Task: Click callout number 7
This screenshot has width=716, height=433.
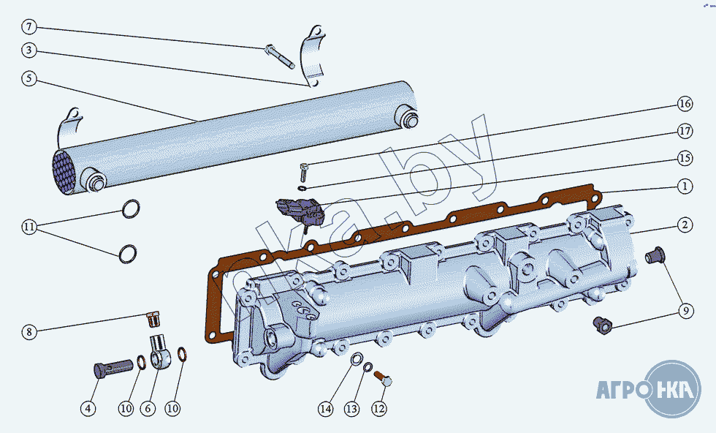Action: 28,28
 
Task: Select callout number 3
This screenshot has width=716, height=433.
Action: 28,50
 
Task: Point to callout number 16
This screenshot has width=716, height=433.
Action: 684,104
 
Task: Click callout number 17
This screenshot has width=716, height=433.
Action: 684,132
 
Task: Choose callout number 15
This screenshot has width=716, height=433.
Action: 684,158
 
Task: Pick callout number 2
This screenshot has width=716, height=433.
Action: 684,225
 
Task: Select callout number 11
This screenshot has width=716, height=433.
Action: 28,227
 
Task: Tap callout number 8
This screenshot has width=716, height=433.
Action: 28,332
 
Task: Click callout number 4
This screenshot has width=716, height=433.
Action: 88,409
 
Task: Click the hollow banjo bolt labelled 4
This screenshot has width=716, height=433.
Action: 109,368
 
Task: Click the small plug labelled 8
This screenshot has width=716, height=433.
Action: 153,319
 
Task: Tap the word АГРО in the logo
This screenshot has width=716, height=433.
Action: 622,388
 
